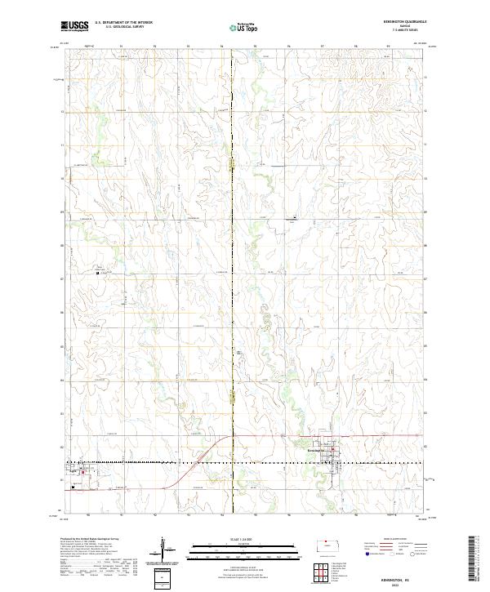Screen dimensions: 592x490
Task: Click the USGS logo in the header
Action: [74, 26]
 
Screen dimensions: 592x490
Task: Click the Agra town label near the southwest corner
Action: [73, 471]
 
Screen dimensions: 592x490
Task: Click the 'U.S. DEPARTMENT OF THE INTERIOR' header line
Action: [123, 23]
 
